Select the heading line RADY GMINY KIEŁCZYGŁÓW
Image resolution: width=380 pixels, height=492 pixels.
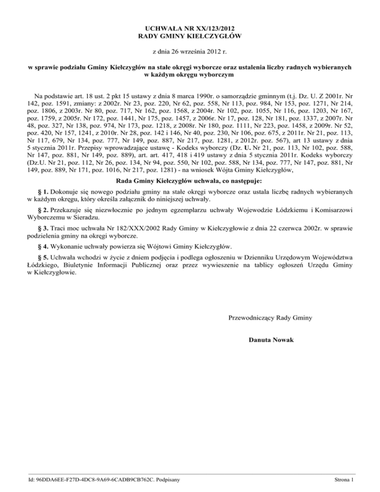point(190,36)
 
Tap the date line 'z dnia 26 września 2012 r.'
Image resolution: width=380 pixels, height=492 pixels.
point(190,51)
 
